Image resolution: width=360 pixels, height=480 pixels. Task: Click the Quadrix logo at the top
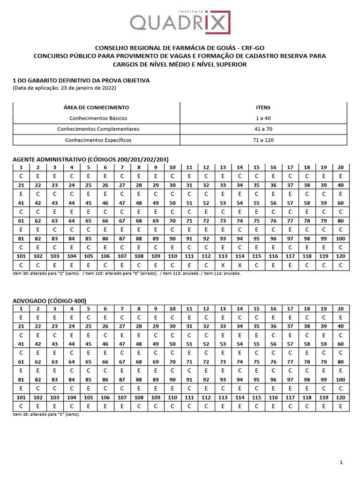(180, 21)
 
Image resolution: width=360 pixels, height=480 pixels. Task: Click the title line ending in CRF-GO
(180, 48)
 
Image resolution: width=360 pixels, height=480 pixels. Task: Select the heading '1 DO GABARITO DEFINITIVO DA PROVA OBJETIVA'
(81, 80)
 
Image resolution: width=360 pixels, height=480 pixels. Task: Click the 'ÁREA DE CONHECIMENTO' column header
(96, 107)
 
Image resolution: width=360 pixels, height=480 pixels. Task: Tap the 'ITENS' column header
(263, 107)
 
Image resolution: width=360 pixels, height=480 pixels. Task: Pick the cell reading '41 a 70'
(263, 129)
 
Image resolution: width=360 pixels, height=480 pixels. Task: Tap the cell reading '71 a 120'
(263, 140)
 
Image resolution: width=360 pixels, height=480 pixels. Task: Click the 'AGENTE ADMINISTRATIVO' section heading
(90, 159)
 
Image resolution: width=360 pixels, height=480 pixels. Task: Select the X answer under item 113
(223, 265)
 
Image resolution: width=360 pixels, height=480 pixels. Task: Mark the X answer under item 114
(240, 265)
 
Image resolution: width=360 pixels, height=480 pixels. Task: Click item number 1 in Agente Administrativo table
(21, 167)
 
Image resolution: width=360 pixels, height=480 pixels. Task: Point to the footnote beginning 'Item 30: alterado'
(127, 273)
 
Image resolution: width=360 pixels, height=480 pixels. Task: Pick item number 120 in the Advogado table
(340, 397)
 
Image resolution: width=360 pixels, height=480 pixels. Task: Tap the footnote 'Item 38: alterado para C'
(46, 414)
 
